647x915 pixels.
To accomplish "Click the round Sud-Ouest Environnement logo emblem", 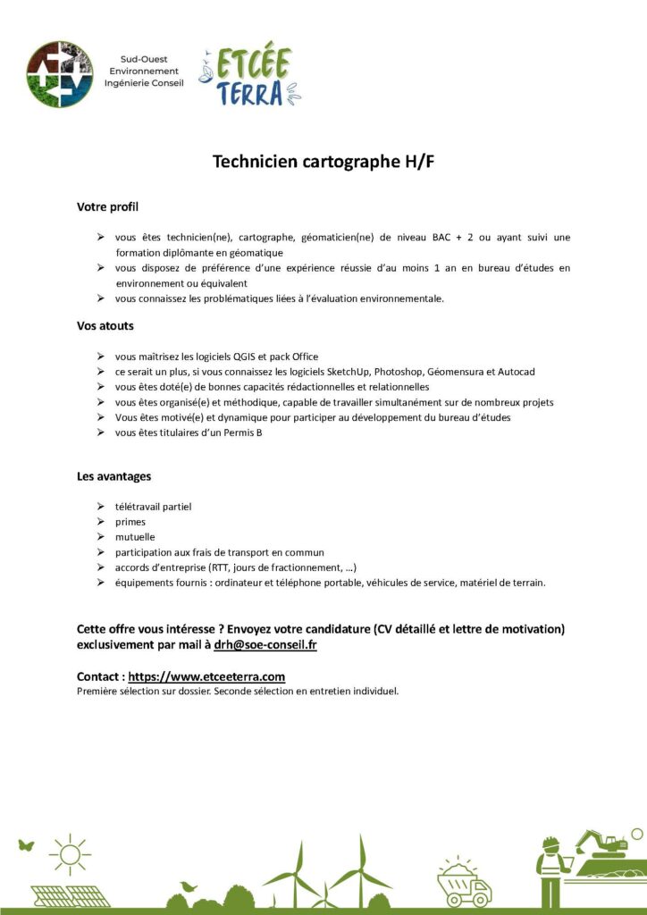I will (60, 74).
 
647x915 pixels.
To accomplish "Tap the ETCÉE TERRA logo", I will (249, 74).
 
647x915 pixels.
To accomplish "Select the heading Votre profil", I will (108, 207).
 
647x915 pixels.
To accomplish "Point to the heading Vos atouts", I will (105, 326).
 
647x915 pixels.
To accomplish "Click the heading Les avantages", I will (114, 476).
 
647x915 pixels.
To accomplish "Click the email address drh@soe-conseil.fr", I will (265, 644).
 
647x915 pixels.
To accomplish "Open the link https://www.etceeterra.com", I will (206, 676).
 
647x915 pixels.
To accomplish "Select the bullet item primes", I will (130, 522).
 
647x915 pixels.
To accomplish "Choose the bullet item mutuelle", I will (135, 537).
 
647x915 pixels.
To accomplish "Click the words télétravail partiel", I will (153, 507).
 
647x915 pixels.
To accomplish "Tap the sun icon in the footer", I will (70, 854).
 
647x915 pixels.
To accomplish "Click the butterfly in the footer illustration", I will (25, 844).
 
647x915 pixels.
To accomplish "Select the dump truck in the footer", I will (464, 882).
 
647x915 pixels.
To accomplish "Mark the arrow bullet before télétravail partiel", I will (101, 507).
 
